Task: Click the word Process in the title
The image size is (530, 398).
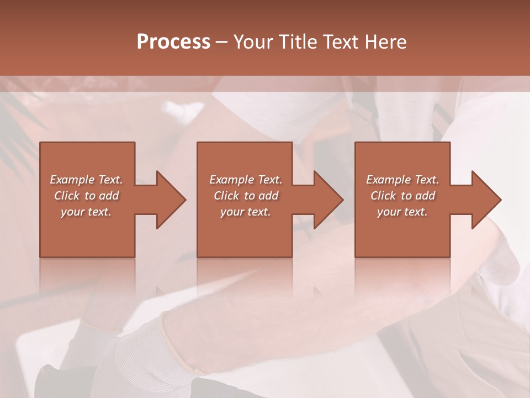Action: [x=173, y=42]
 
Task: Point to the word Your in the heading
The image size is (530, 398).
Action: [x=253, y=42]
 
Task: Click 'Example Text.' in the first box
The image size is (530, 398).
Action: [x=87, y=180]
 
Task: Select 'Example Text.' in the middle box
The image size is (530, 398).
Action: [x=246, y=180]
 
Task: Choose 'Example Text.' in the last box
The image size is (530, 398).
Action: [x=402, y=180]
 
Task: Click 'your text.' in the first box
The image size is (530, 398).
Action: [x=86, y=212]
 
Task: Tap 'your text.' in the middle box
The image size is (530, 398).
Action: [x=246, y=212]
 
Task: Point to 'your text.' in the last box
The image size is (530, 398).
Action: [x=402, y=212]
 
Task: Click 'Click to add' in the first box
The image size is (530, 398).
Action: [x=87, y=196]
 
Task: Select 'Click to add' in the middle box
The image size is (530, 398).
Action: [x=246, y=196]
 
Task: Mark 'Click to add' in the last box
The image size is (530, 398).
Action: [x=402, y=196]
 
